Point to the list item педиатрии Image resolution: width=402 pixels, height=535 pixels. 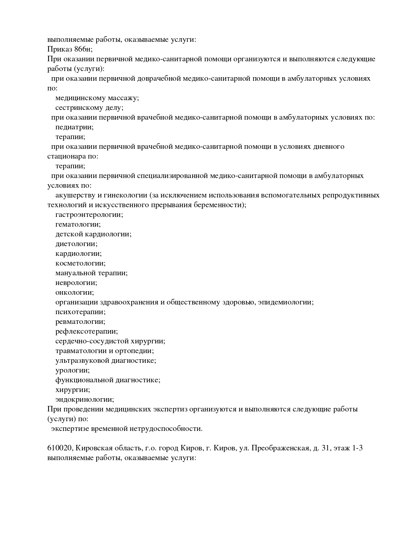click(x=74, y=127)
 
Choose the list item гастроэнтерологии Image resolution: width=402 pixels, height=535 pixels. click(x=89, y=215)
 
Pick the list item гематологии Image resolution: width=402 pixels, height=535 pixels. click(x=78, y=224)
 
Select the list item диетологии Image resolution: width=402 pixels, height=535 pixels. click(x=77, y=244)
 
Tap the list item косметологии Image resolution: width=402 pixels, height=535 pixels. click(x=80, y=263)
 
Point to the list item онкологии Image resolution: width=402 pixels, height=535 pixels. click(x=75, y=292)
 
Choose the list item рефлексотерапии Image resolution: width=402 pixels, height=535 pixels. click(x=87, y=331)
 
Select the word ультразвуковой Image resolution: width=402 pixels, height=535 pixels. click(x=82, y=361)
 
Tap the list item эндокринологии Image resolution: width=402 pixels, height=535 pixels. click(x=85, y=399)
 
